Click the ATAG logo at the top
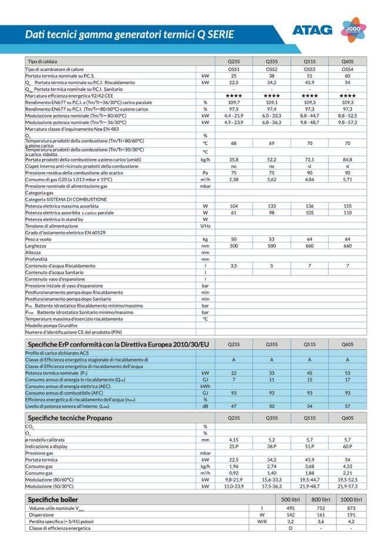pyautogui.click(x=312, y=30)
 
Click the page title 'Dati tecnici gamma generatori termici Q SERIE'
pyautogui.click(x=129, y=35)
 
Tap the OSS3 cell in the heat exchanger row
pyautogui.click(x=310, y=69)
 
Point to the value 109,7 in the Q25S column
pyautogui.click(x=233, y=102)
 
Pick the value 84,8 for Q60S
pyautogui.click(x=347, y=159)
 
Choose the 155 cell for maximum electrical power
pyautogui.click(x=347, y=206)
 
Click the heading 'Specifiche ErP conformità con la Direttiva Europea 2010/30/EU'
pyautogui.click(x=117, y=344)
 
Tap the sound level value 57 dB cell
pyautogui.click(x=347, y=406)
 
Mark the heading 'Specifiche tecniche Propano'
pyautogui.click(x=70, y=418)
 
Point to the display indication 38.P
pyautogui.click(x=272, y=447)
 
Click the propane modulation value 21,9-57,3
pyautogui.click(x=347, y=486)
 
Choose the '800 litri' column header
pyautogui.click(x=321, y=499)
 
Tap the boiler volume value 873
pyautogui.click(x=351, y=508)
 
